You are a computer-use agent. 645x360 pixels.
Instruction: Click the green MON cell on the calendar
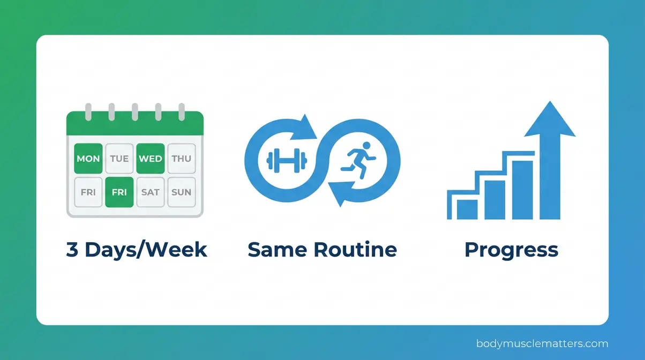[88, 159]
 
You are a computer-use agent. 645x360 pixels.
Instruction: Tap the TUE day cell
[119, 159]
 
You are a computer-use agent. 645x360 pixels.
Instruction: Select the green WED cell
[150, 159]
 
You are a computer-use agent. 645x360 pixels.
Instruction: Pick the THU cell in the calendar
[182, 159]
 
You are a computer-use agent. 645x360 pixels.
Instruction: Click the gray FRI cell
[88, 191]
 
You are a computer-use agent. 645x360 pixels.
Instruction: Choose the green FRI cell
[119, 191]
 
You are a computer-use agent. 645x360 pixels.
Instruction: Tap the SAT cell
[150, 191]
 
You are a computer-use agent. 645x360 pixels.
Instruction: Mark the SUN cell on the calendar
[182, 191]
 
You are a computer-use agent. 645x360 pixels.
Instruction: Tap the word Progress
[511, 250]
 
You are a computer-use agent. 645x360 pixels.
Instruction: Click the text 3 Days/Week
[137, 250]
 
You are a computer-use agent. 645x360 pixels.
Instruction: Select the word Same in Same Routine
[277, 250]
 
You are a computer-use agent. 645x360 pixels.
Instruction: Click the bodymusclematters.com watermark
[542, 343]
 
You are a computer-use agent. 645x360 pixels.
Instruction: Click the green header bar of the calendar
[134, 126]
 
